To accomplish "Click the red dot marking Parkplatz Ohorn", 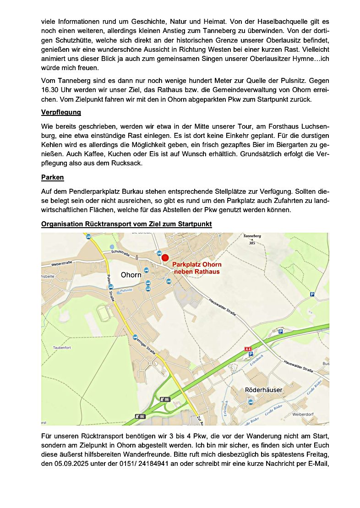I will pos(165,258).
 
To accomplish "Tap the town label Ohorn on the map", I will pos(131,275).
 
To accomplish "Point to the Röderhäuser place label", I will pos(264,390).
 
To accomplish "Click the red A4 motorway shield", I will pos(249,349).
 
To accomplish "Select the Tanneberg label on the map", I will pos(252,236).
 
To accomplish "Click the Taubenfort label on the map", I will pos(52,348).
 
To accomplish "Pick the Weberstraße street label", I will pos(63,264).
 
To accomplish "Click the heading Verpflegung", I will pos(61,112).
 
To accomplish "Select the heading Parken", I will pos(52,177).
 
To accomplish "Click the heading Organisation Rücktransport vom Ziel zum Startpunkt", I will pos(126,224).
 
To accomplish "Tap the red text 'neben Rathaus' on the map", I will pos(196,272).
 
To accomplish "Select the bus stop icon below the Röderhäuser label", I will pos(251,402).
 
